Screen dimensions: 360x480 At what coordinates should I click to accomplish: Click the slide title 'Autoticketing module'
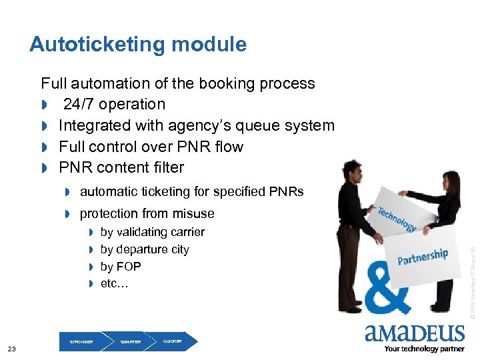click(x=138, y=45)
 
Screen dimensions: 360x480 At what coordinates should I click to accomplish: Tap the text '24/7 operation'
click(x=114, y=105)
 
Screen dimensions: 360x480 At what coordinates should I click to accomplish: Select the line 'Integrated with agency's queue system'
click(x=196, y=125)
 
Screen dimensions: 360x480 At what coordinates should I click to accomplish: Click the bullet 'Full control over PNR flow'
click(x=151, y=147)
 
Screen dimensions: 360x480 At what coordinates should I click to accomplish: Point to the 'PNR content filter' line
click(x=121, y=167)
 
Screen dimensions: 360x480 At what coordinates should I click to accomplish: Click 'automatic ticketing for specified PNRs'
click(x=191, y=192)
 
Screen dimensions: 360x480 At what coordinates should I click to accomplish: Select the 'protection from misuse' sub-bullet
click(x=147, y=213)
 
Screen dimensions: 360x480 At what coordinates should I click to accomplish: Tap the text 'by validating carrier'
click(x=152, y=232)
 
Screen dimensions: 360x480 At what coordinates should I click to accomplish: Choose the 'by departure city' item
click(x=145, y=249)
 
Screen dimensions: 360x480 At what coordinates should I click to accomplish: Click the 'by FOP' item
click(x=121, y=267)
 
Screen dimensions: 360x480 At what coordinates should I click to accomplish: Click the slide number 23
click(x=12, y=349)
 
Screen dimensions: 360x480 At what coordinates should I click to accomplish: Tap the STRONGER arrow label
click(x=81, y=342)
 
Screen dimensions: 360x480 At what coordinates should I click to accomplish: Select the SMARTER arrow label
click(x=131, y=342)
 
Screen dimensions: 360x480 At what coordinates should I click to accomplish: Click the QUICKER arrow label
click(x=172, y=341)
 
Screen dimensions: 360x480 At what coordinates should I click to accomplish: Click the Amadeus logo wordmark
click(x=414, y=333)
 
